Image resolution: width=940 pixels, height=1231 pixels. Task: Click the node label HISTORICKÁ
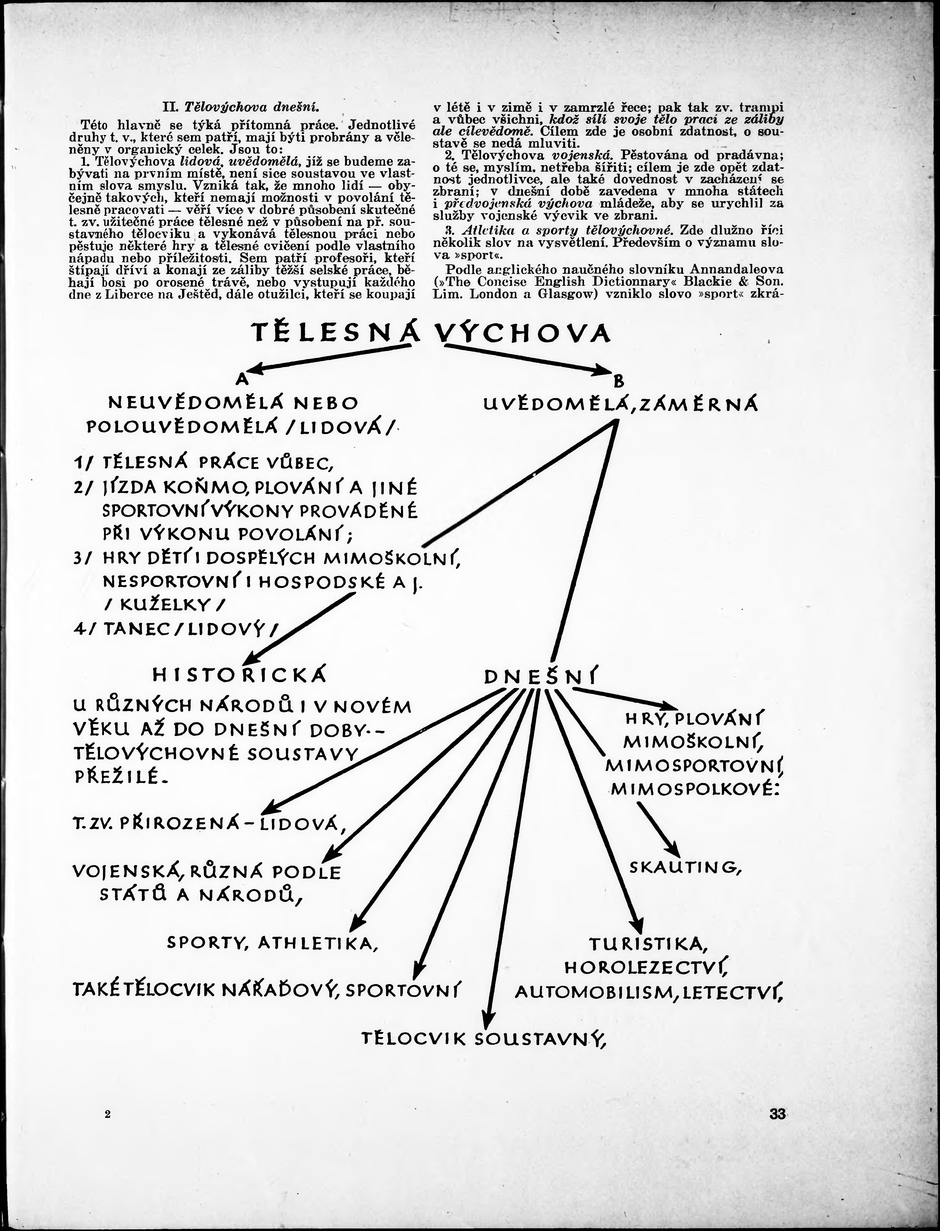240,676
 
